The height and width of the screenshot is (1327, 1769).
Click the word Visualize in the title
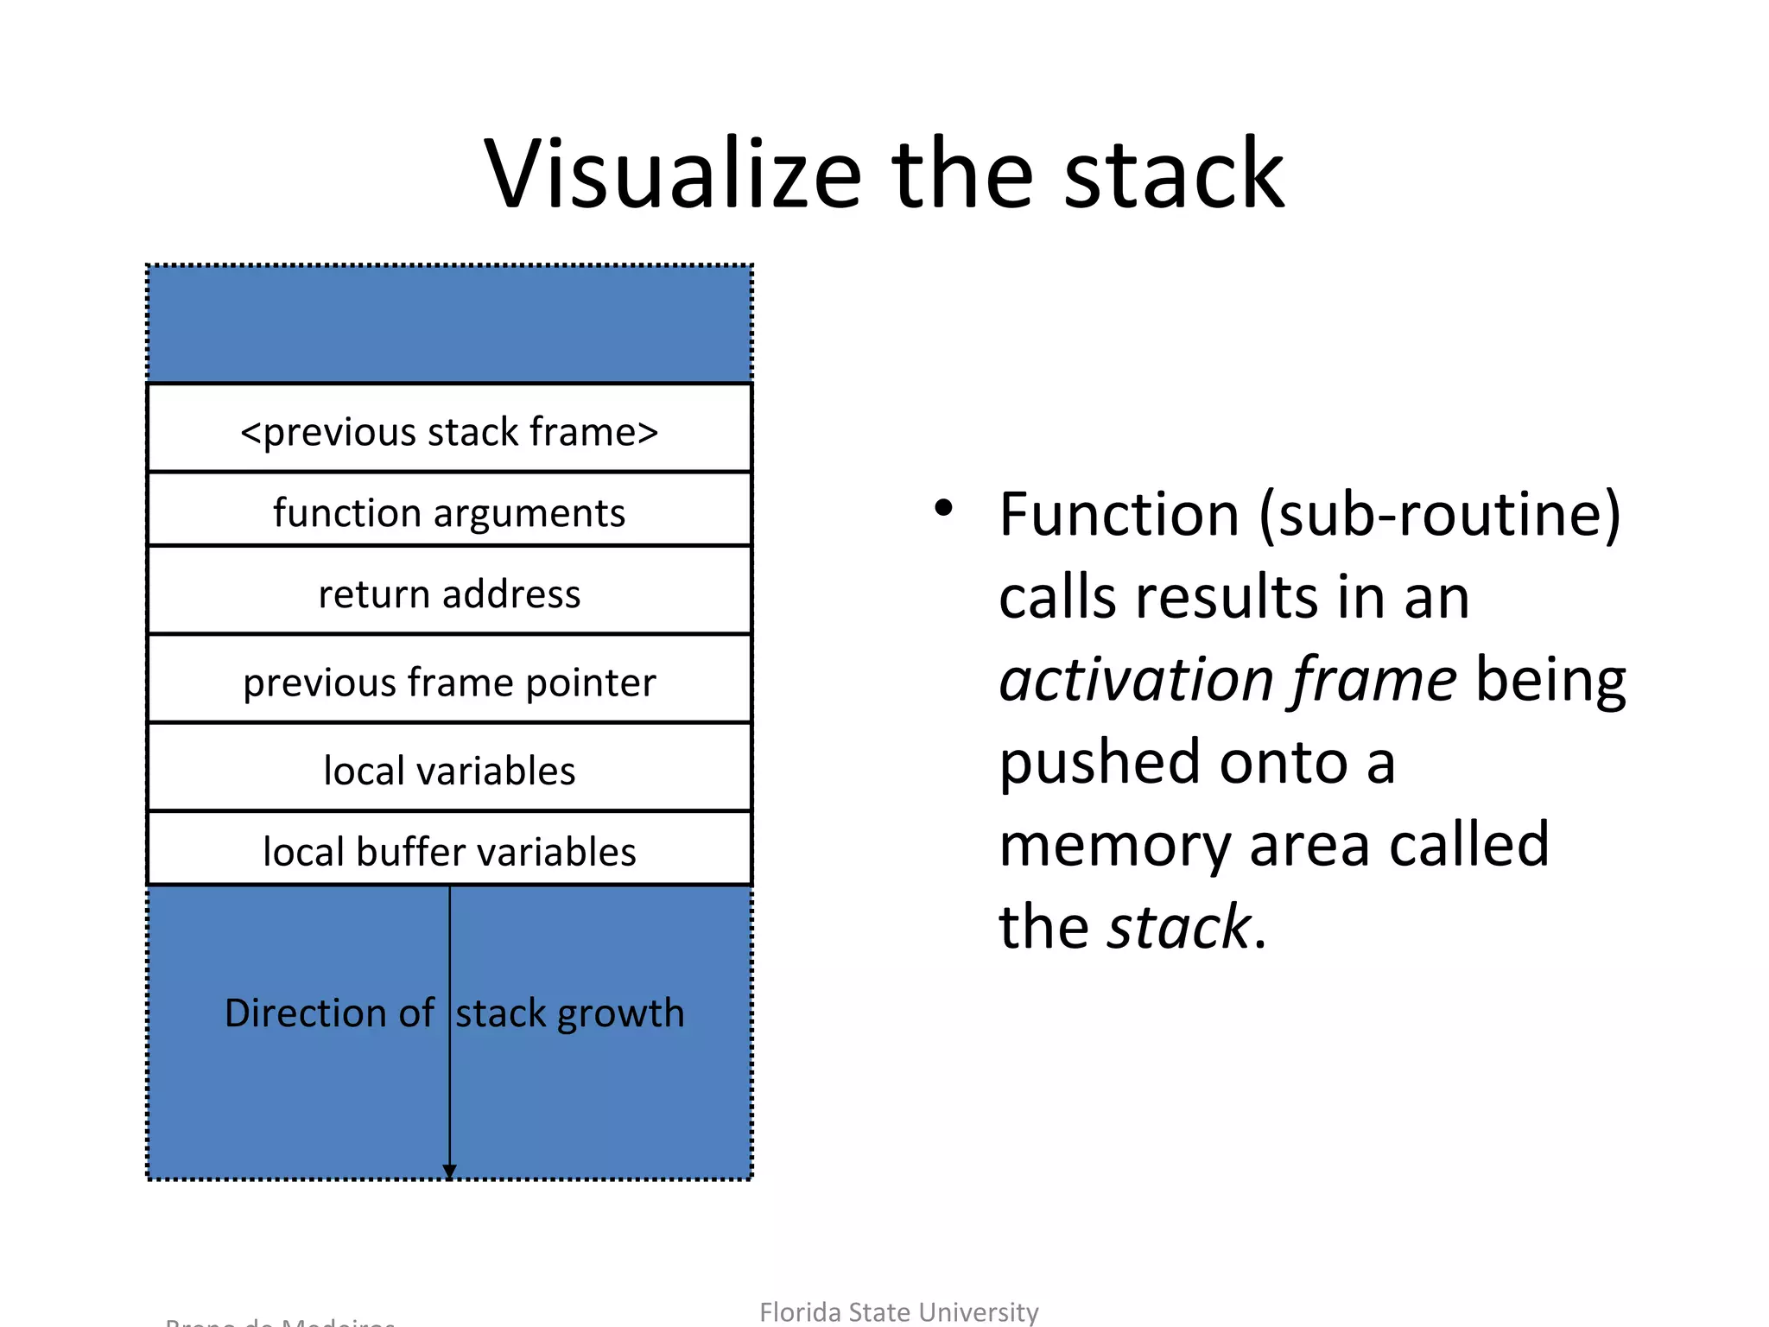click(x=672, y=175)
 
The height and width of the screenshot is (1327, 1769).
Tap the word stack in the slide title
click(x=1175, y=175)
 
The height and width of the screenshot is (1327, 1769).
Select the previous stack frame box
click(x=449, y=430)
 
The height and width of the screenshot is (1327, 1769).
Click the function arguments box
click(x=449, y=511)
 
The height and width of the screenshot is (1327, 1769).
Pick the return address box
click(x=449, y=593)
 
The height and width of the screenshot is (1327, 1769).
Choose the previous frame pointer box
click(x=449, y=682)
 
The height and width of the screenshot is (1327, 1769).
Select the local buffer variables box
click(x=449, y=851)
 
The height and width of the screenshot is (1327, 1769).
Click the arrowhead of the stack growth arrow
click(x=449, y=1171)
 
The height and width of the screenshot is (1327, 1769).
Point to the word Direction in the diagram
click(x=306, y=1013)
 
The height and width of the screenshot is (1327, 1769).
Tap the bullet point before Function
click(x=943, y=508)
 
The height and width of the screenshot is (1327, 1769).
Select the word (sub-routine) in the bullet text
click(x=1439, y=515)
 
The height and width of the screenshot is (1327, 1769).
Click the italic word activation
click(x=1135, y=679)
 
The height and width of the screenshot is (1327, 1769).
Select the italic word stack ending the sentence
click(x=1178, y=926)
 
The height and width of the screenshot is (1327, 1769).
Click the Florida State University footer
click(x=898, y=1311)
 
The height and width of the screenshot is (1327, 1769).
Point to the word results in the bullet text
click(x=1227, y=598)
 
